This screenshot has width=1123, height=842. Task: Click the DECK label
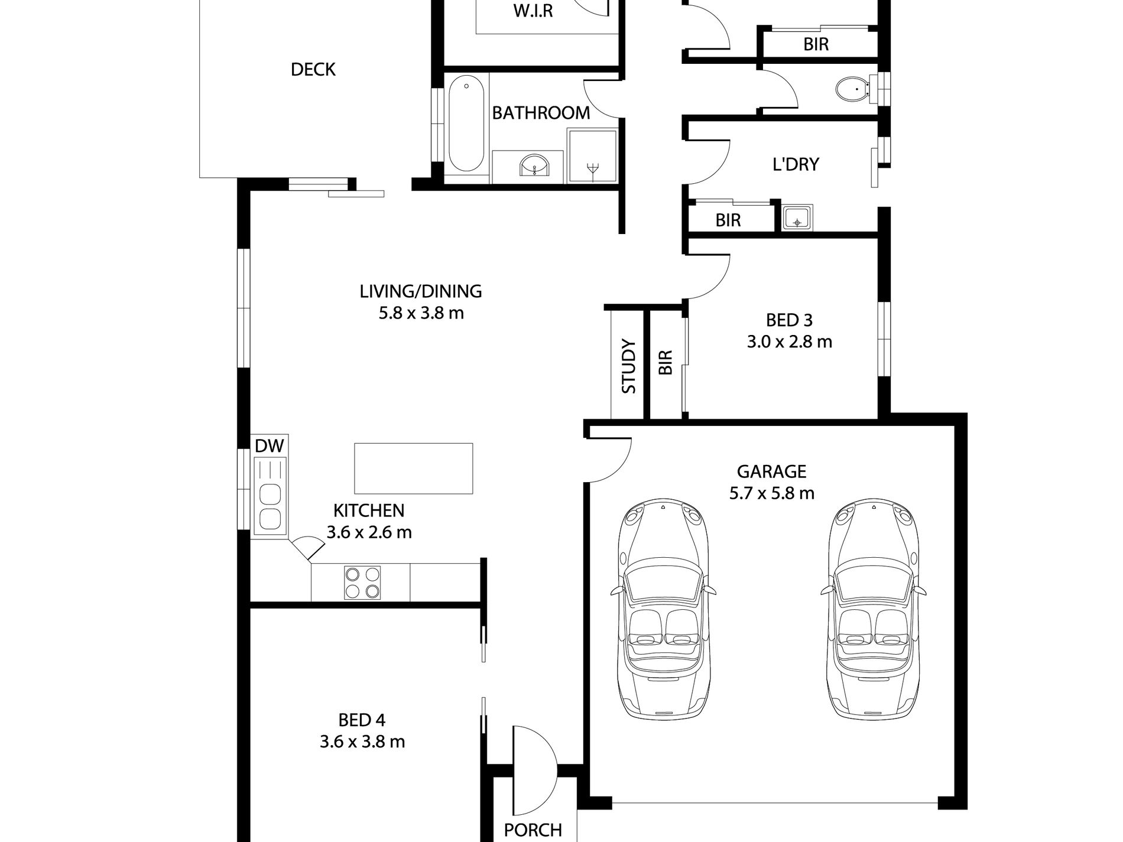(313, 70)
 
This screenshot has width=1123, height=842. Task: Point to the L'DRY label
(796, 164)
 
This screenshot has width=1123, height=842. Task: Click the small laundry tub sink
(797, 218)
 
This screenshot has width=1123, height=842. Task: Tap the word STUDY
(629, 366)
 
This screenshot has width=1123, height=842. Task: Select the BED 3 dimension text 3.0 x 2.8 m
(789, 342)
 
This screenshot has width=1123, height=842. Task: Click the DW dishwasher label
(269, 446)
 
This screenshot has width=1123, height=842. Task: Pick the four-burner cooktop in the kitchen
(362, 583)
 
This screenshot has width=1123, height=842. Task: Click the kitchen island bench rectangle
(413, 468)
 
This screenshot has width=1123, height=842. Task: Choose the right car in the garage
(873, 609)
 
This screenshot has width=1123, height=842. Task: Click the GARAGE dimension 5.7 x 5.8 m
(771, 493)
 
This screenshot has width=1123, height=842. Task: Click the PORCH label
(533, 830)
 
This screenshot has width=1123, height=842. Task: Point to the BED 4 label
(362, 720)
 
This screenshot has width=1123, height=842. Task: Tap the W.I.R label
(533, 11)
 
